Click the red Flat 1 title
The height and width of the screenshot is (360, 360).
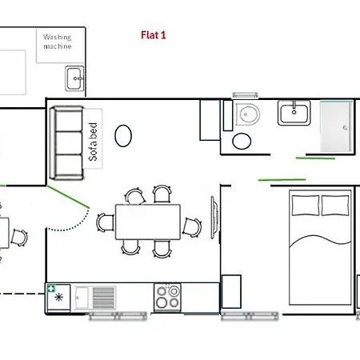pos(152,35)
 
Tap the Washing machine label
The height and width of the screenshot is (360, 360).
pos(58,42)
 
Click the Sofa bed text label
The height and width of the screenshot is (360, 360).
pos(94,142)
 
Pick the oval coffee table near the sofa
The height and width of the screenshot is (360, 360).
pos(124,135)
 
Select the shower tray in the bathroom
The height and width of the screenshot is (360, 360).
pos(335,126)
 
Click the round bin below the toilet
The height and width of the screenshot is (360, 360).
pos(241,142)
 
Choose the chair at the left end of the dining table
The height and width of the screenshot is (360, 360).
pos(105,223)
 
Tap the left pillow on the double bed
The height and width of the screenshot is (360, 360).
pos(305,206)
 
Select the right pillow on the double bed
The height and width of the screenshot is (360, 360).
pos(334,206)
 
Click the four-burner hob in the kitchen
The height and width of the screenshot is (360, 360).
pos(168,297)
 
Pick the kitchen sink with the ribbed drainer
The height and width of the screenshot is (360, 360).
pos(94,297)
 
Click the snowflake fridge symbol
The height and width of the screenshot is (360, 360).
pos(58,299)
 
